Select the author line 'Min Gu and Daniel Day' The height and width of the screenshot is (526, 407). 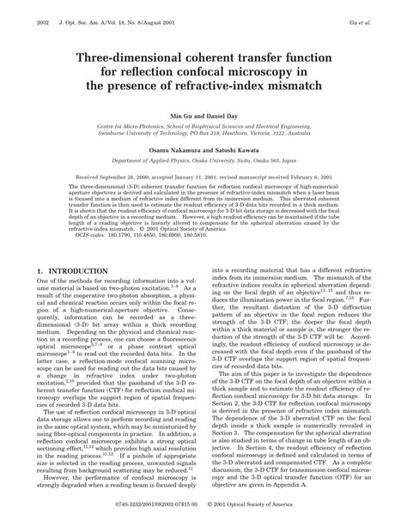pos(204,115)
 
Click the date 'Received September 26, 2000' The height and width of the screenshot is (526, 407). pos(106,175)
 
